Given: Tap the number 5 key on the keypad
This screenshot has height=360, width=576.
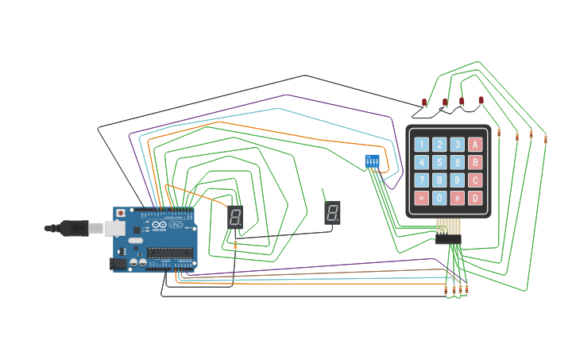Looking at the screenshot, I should (x=439, y=162).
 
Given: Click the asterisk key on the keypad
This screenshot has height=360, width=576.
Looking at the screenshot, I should (x=421, y=198).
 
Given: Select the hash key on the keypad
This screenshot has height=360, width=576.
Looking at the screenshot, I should (x=458, y=198).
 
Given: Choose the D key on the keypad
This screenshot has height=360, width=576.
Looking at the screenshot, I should (x=475, y=198).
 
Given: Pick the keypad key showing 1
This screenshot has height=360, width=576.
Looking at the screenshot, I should (x=421, y=145).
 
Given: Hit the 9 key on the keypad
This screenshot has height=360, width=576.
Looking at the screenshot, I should (x=458, y=180).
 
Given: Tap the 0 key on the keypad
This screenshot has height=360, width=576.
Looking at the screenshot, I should (x=439, y=198).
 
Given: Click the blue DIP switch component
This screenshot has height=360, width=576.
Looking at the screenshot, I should (x=372, y=161).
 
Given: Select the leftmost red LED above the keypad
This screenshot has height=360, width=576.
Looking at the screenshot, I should (x=425, y=103).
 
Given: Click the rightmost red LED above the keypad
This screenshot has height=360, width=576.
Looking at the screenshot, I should (x=481, y=99).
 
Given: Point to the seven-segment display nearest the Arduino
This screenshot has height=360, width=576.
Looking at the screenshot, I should (x=235, y=217).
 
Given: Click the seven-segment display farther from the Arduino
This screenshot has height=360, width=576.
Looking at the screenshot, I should (x=333, y=212).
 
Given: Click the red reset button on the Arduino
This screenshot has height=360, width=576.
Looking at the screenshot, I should (x=120, y=214).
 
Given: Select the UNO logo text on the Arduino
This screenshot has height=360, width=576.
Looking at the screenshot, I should (x=176, y=226).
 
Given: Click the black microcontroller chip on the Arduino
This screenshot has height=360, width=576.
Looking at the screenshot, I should (x=170, y=254).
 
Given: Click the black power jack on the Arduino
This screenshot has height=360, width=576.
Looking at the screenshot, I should (x=118, y=262).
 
